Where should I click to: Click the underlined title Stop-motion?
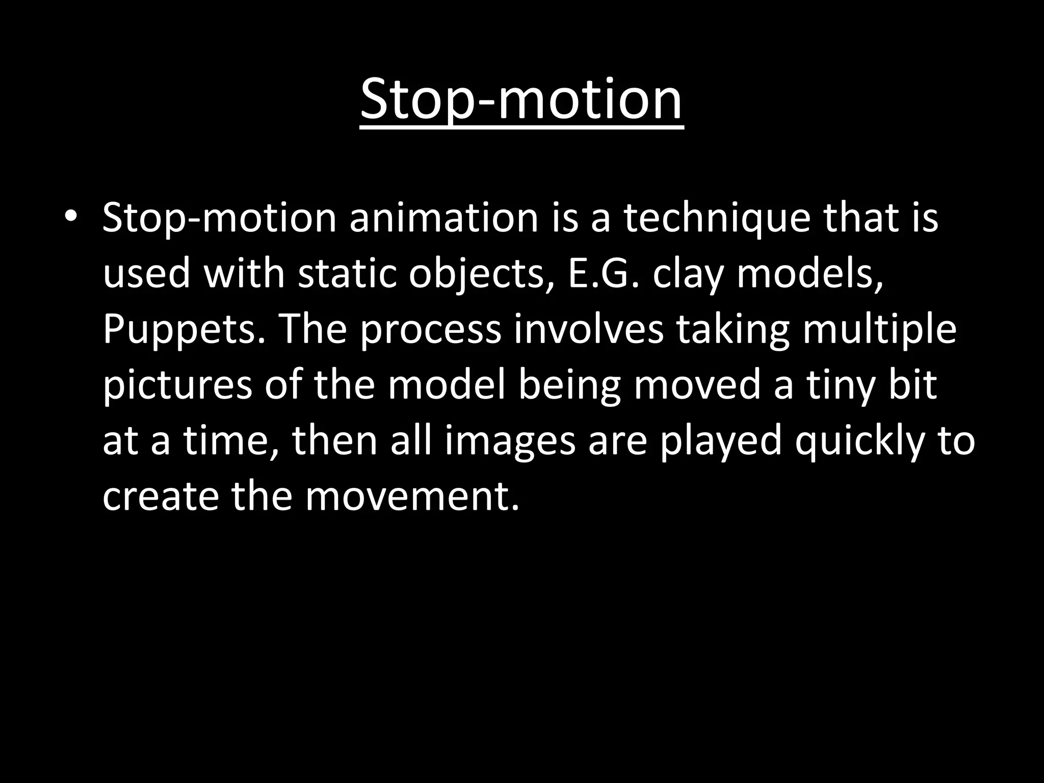pos(521,99)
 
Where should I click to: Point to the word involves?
pos(588,329)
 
